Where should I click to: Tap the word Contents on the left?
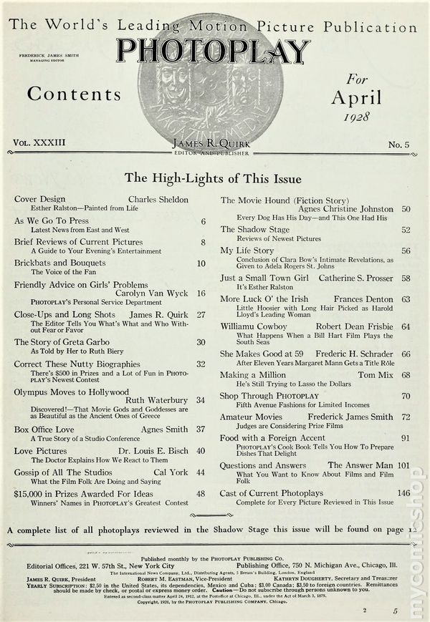(x=74, y=94)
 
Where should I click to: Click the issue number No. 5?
(x=398, y=145)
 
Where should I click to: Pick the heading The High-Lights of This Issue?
(x=213, y=178)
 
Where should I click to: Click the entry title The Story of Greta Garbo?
(x=59, y=342)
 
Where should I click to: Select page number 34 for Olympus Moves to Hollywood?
(x=201, y=399)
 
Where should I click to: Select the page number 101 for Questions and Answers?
(x=403, y=465)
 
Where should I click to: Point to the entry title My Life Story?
(x=247, y=251)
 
